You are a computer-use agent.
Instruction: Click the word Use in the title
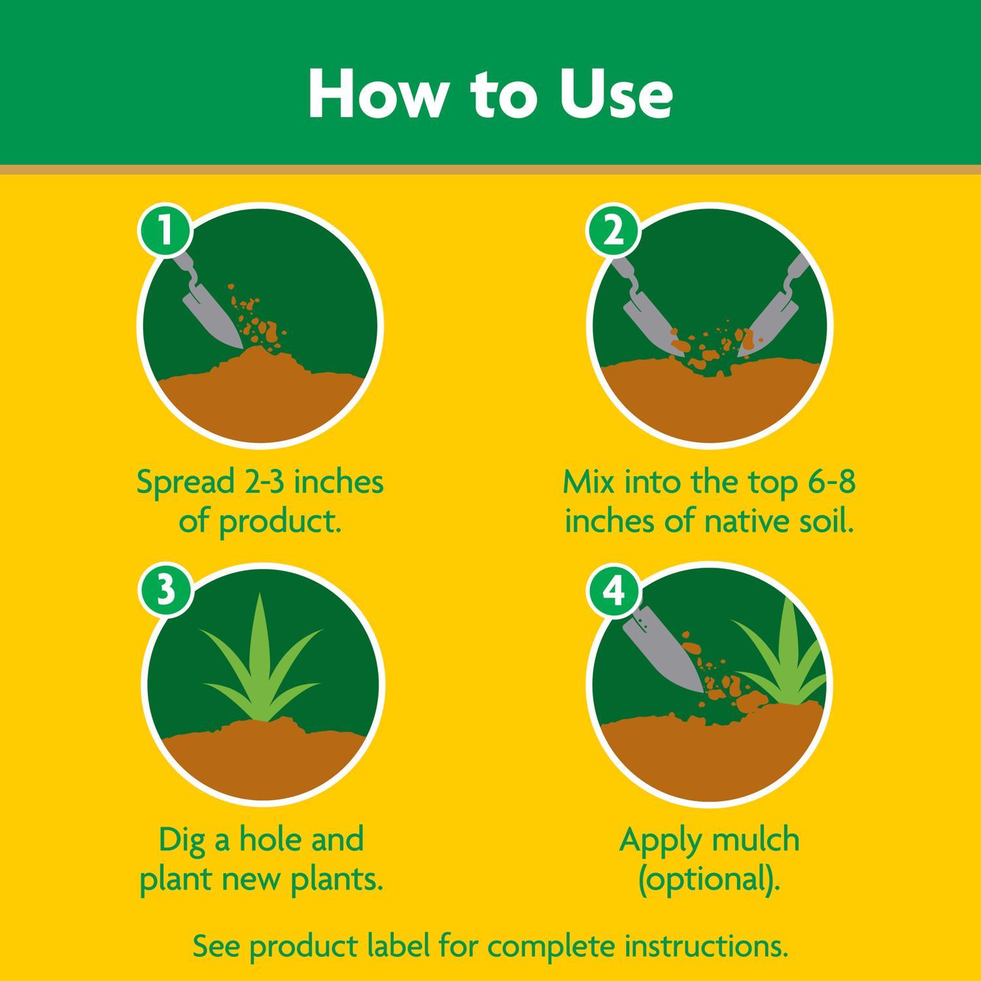(x=615, y=93)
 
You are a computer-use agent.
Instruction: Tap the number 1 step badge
(x=164, y=230)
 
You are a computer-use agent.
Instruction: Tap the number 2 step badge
(x=613, y=230)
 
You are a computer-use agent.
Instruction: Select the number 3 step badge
(x=164, y=589)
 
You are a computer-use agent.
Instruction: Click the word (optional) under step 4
(x=710, y=879)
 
